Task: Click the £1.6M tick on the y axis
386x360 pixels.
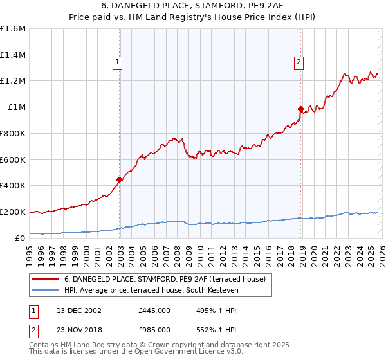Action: [13, 29]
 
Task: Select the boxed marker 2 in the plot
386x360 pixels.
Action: [300, 62]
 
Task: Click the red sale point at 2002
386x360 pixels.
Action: [119, 179]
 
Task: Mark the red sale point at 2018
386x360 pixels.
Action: [300, 109]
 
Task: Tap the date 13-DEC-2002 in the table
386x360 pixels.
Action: [78, 310]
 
